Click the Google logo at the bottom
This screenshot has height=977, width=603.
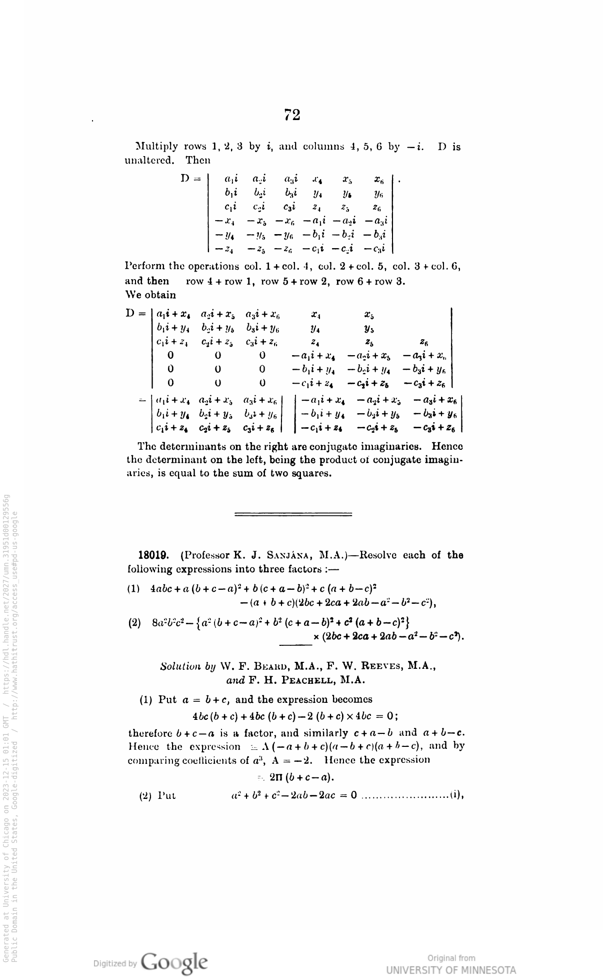pos(173,961)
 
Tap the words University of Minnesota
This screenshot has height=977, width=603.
pos(451,970)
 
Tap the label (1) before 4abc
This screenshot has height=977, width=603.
pos(134,588)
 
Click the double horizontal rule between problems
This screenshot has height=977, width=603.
pos(293,514)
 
